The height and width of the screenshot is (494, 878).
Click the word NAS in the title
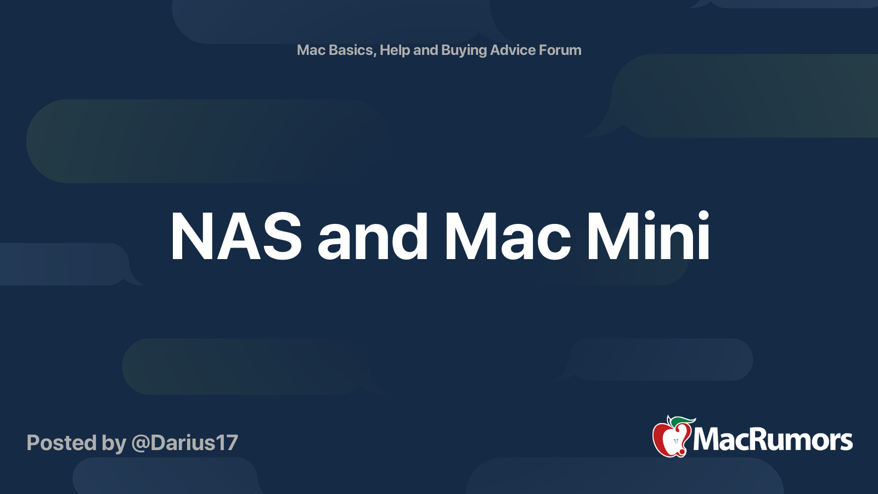coord(236,237)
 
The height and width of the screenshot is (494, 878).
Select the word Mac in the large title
coord(508,237)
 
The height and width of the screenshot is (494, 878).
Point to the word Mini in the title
coord(648,235)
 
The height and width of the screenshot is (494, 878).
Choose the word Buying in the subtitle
coord(464,50)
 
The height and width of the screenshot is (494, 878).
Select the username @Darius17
coord(184,442)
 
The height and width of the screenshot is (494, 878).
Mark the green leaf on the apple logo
coord(683,422)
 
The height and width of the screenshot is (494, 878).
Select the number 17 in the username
coord(227,442)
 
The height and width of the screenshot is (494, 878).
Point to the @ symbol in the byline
coord(140,444)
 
